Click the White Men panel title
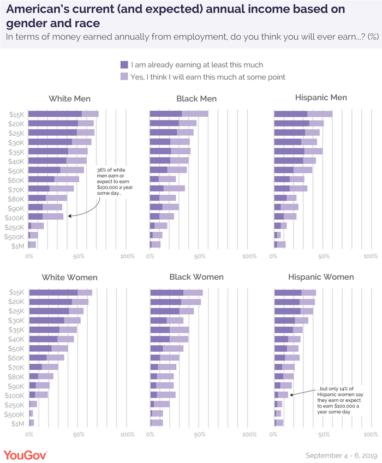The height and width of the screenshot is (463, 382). tap(69, 99)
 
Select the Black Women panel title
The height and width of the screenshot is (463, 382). tap(196, 277)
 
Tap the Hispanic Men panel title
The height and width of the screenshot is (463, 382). tap(321, 98)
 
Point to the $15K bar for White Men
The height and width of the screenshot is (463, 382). tap(63, 114)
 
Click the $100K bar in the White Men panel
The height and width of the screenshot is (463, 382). tap(46, 217)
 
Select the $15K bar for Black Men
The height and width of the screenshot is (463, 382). tap(179, 114)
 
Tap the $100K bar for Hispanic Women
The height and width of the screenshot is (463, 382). tap(281, 395)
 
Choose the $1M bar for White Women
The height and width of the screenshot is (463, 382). tap(32, 423)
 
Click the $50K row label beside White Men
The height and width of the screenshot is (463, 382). tap(16, 170)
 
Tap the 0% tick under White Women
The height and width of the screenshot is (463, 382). tap(29, 435)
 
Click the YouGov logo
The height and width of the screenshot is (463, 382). tap(25, 455)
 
